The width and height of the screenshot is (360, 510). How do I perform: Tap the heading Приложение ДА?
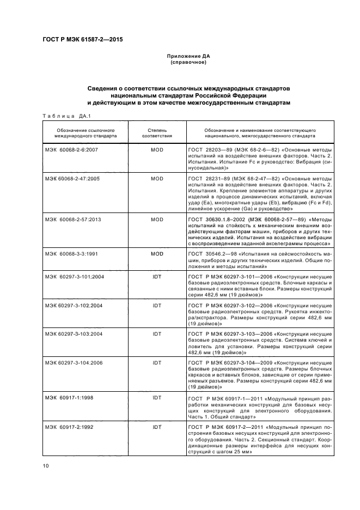click(188, 56)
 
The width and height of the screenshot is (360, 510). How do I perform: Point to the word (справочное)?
click(188, 62)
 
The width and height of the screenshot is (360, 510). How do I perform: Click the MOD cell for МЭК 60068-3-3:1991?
click(157, 254)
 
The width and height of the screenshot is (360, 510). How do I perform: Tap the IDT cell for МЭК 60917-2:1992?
click(157, 427)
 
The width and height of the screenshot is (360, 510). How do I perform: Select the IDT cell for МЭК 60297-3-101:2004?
click(157, 277)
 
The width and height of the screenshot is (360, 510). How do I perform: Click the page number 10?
click(46, 466)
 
